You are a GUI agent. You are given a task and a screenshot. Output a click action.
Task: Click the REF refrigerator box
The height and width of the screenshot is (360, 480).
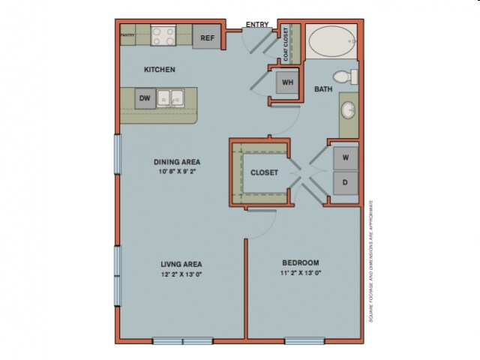205,37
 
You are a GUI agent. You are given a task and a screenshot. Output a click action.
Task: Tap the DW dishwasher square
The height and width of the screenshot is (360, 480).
145,97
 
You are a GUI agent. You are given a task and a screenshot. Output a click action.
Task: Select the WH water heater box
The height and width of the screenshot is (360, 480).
286,82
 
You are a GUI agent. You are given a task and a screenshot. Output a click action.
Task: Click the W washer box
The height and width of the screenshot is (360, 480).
345,158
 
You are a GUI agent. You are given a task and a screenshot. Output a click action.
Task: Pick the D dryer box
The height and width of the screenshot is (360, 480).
345,182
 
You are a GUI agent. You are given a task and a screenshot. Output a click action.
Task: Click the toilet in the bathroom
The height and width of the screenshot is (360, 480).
344,75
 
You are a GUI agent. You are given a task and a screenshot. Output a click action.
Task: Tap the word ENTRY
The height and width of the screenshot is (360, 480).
257,25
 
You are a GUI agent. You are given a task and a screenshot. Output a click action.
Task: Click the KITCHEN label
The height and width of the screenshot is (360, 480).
160,70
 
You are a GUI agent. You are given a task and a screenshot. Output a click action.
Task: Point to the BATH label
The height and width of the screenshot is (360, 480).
323,89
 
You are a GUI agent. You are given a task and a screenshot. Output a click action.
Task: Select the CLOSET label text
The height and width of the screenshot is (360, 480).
264,172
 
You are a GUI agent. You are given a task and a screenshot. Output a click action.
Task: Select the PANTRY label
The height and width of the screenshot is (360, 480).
127,34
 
